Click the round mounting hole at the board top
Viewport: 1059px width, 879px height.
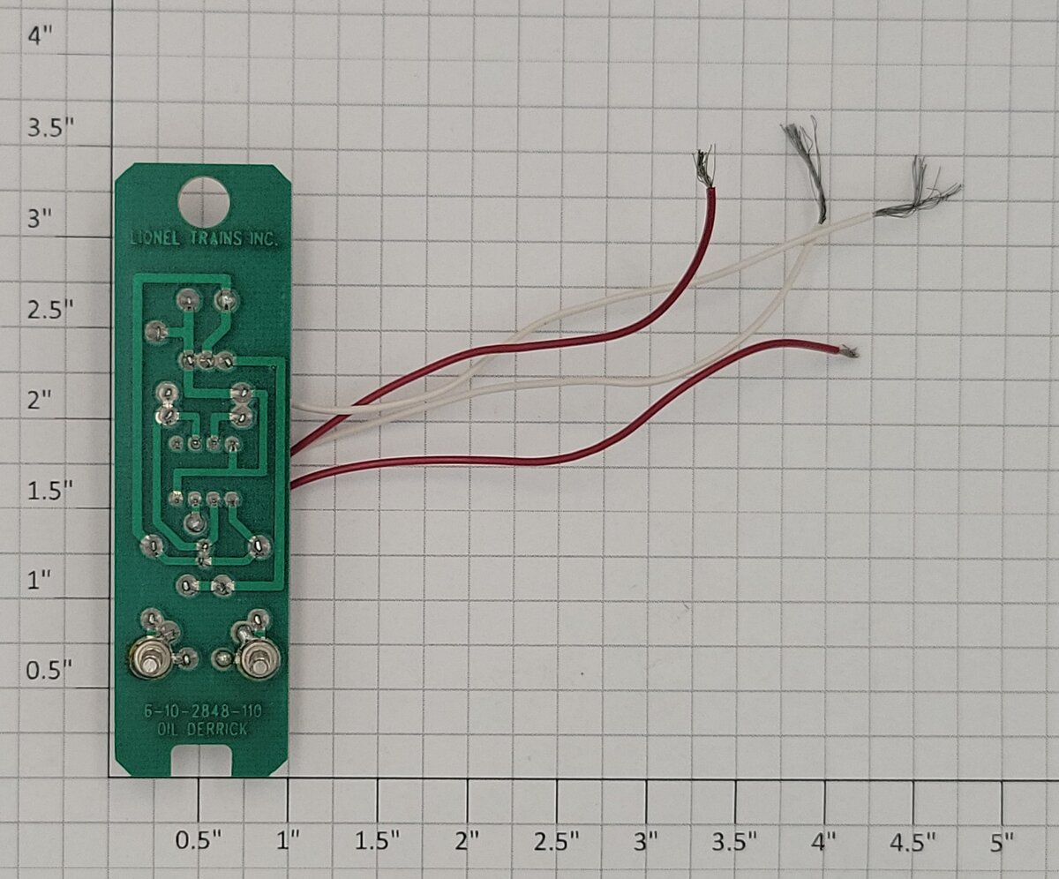[x=205, y=202]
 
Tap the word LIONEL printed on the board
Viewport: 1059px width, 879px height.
[x=155, y=238]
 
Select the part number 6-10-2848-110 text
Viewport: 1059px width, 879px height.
[x=203, y=711]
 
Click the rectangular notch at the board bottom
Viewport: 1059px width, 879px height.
[x=202, y=762]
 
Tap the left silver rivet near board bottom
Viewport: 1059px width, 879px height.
[x=149, y=660]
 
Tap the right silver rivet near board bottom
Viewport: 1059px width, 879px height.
[x=260, y=659]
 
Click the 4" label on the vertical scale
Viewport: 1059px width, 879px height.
[x=40, y=37]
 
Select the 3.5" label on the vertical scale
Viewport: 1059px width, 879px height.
[x=50, y=127]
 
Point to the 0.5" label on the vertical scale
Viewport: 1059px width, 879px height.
[x=50, y=671]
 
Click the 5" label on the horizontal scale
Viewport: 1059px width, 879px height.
[x=1001, y=843]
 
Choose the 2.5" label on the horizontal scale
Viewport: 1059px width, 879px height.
[x=556, y=843]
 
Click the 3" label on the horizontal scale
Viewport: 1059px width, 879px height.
[x=645, y=843]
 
